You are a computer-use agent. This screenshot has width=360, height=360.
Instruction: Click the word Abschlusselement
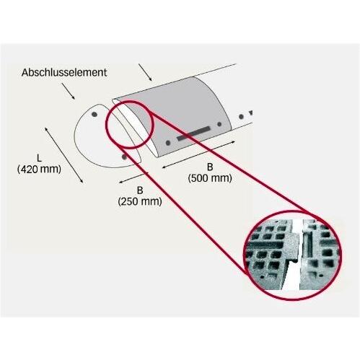pyautogui.click(x=64, y=72)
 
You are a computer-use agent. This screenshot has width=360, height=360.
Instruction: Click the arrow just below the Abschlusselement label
pyautogui.click(x=69, y=91)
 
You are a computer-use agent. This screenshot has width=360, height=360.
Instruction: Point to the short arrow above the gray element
pyautogui.click(x=145, y=72)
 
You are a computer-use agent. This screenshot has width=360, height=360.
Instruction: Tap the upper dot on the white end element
pyautogui.click(x=95, y=114)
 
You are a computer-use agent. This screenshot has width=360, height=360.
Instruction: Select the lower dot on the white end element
pyautogui.click(x=124, y=157)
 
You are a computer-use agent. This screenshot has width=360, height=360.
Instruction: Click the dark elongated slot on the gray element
pyautogui.click(x=193, y=133)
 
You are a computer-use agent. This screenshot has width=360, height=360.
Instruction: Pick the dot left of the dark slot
pyautogui.click(x=168, y=143)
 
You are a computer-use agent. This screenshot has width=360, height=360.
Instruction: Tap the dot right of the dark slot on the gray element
pyautogui.click(x=219, y=124)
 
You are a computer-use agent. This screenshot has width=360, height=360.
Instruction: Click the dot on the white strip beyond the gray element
pyautogui.click(x=241, y=117)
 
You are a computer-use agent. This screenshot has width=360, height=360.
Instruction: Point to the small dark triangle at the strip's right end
pyautogui.click(x=251, y=113)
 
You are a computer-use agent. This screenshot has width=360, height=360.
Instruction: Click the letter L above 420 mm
pyautogui.click(x=39, y=158)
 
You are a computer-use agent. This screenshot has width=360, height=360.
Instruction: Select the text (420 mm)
pyautogui.click(x=39, y=169)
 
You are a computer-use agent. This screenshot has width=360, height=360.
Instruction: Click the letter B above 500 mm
pyautogui.click(x=210, y=167)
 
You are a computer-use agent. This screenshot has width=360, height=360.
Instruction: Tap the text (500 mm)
pyautogui.click(x=210, y=178)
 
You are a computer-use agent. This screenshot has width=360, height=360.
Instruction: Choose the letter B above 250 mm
pyautogui.click(x=140, y=190)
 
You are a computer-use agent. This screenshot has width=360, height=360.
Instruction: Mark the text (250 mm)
pyautogui.click(x=140, y=201)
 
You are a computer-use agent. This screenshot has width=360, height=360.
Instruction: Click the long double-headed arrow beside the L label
pyautogui.click(x=64, y=155)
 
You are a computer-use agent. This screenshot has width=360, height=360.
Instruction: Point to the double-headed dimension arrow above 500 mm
pyautogui.click(x=198, y=154)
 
